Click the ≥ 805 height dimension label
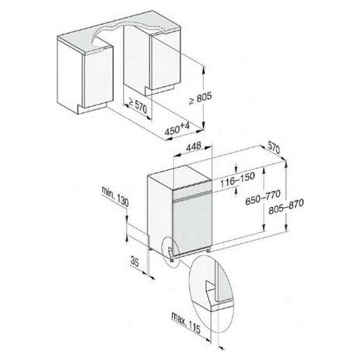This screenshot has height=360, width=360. point(200,98)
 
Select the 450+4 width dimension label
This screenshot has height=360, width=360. point(177,129)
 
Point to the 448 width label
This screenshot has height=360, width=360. point(193,147)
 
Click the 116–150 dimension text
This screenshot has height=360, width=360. point(238,179)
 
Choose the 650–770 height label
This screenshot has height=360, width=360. point(263,197)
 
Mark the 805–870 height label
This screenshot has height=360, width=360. point(286,206)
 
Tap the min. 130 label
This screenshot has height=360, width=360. point(115,197)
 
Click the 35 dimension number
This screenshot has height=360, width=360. point(135,262)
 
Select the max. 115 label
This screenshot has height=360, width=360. point(186,323)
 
